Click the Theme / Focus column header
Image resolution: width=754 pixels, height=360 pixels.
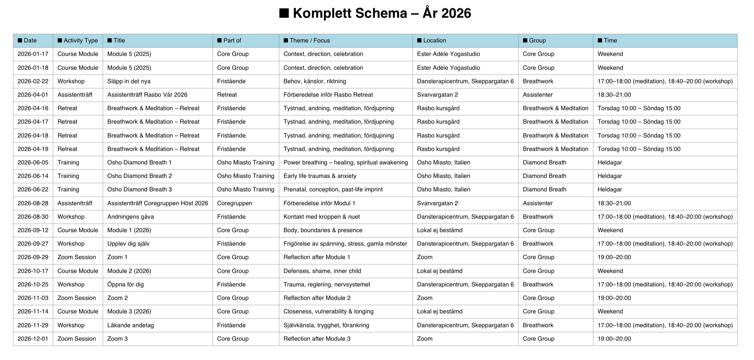309,40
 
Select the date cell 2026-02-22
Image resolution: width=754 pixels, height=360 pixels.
33,81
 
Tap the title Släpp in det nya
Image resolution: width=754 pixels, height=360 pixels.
129,81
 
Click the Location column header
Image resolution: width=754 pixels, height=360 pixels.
434,40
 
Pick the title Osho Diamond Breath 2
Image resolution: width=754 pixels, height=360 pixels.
139,176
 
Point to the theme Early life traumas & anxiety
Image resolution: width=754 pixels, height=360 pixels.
320,176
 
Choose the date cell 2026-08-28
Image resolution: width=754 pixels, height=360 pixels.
33,203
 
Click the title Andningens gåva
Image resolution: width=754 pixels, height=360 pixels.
130,217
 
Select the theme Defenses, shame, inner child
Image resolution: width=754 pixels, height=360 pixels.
322,271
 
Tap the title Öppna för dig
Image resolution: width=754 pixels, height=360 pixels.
125,284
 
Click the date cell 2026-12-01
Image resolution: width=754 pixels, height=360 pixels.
33,339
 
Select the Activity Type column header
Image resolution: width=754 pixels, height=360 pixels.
80,40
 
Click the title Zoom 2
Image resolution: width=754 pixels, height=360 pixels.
117,298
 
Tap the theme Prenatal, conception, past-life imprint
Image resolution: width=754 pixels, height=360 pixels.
333,189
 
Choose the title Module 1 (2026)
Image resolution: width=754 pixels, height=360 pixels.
129,230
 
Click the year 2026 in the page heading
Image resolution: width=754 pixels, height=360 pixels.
456,13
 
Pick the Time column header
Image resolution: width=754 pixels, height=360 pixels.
610,40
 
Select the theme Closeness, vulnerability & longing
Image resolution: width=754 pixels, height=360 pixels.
328,311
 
